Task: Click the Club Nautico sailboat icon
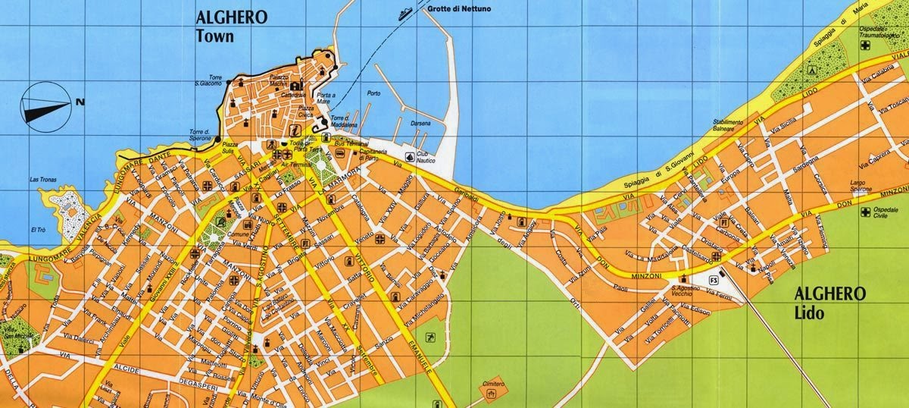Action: [x=410, y=157]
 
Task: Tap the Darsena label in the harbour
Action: [x=420, y=124]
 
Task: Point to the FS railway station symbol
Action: [x=713, y=281]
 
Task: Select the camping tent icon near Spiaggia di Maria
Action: [x=811, y=69]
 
